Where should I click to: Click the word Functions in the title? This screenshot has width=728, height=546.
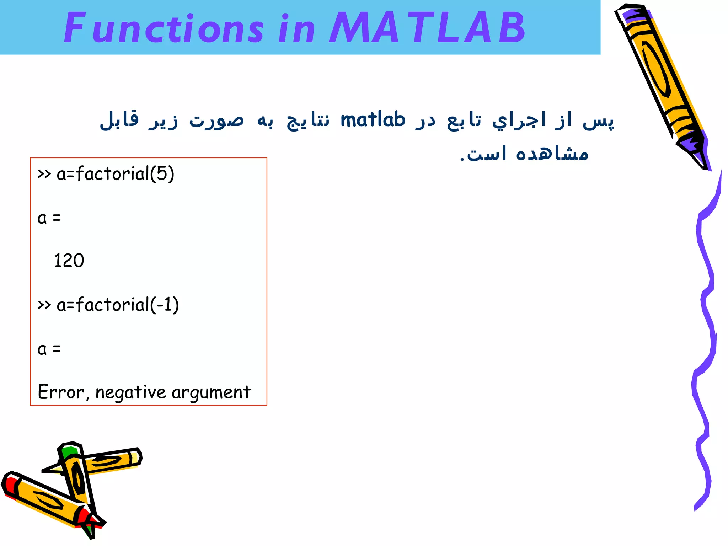(164, 28)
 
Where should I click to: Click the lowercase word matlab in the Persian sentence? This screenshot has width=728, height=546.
(373, 119)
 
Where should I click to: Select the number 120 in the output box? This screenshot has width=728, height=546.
(69, 261)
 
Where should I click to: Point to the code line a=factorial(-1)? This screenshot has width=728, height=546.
(108, 305)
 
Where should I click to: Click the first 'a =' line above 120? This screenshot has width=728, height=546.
(49, 218)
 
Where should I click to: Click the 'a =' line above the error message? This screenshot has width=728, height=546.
(49, 349)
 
